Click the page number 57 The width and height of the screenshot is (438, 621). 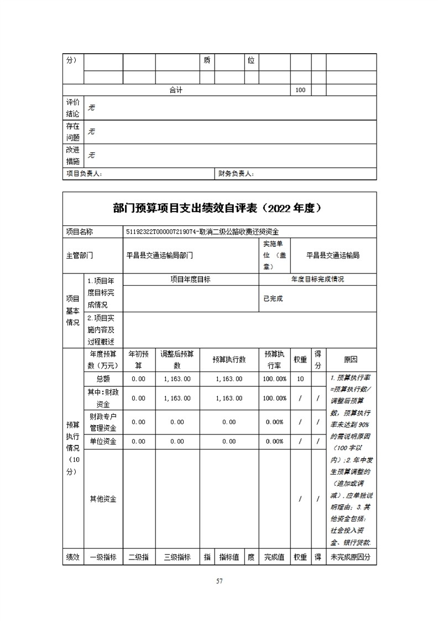tap(219, 581)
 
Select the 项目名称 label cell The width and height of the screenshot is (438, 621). tap(80, 232)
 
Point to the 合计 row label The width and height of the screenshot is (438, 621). tap(176, 90)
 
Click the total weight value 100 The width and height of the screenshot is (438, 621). tap(300, 90)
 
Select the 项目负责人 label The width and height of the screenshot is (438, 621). tap(84, 174)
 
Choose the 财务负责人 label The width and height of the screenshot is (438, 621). tap(236, 174)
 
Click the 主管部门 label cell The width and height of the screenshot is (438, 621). tap(80, 255)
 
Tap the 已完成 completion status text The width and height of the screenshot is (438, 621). tap(273, 298)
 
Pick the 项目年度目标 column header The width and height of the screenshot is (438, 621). tap(190, 280)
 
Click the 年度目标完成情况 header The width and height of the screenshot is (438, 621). tap(317, 280)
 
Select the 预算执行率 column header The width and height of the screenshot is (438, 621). tap(274, 360)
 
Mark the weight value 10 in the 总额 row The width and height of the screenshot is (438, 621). tap(300, 379)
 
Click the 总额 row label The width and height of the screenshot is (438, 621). tap(103, 379)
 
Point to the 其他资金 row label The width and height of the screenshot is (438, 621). tap(103, 499)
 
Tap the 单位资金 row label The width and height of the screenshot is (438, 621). tap(103, 441)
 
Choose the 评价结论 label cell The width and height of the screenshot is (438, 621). tap(73, 108)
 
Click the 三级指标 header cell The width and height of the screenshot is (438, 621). tap(177, 557)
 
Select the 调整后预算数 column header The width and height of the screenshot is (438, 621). tap(177, 360)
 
